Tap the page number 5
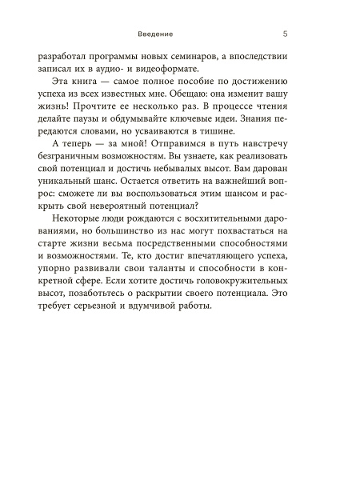pos(286,34)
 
